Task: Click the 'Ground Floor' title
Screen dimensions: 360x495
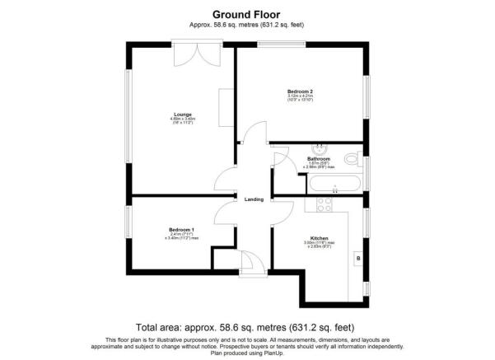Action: [247, 14]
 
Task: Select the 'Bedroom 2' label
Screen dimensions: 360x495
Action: [300, 91]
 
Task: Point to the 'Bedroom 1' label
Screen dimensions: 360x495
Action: [181, 229]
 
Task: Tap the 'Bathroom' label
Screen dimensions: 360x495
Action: [319, 158]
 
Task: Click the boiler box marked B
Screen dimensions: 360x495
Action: [357, 259]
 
